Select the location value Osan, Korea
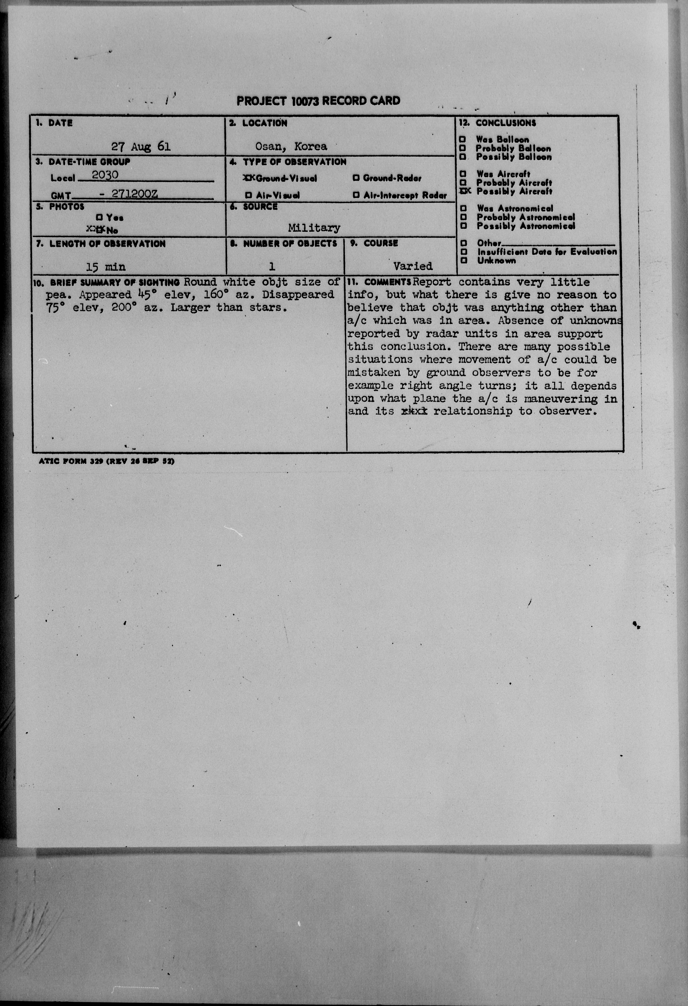point(291,146)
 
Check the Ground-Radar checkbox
point(356,178)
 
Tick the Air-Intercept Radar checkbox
point(356,195)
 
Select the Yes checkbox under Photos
point(99,217)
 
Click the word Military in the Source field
point(314,228)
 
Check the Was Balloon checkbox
point(463,139)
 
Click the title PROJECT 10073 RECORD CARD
point(318,101)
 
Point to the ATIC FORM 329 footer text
point(106,461)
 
